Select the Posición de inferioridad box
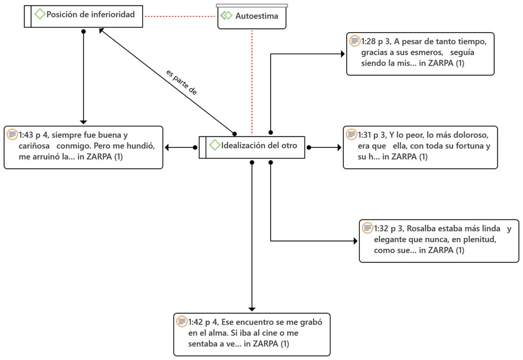coord(84,16)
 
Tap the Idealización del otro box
coord(252,147)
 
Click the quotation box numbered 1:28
coord(420,54)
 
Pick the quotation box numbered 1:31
coord(420,147)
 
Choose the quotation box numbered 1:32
coord(439,241)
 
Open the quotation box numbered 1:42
coord(252,335)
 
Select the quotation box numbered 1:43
coord(84,147)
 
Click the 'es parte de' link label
coord(182,82)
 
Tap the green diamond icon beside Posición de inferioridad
coord(40,14)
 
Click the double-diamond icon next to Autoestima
coord(226,15)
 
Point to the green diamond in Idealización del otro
coord(215,145)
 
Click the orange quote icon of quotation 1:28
coord(355,41)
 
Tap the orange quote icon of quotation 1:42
coord(182,322)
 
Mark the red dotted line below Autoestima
coord(252,82)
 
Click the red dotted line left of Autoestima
coord(180,16)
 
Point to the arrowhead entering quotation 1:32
coord(356,241)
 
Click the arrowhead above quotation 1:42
coord(252,309)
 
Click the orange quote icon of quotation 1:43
coord(12,134)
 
